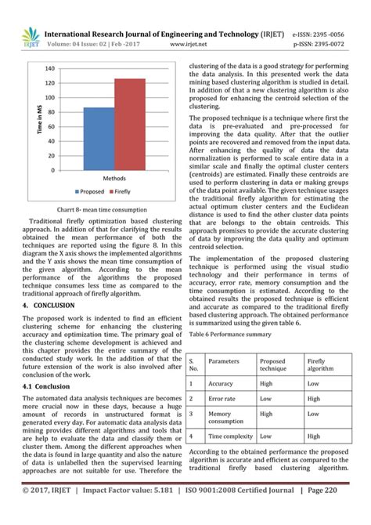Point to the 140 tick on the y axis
point(50,68)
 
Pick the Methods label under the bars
point(113,179)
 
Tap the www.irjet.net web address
point(178,45)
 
